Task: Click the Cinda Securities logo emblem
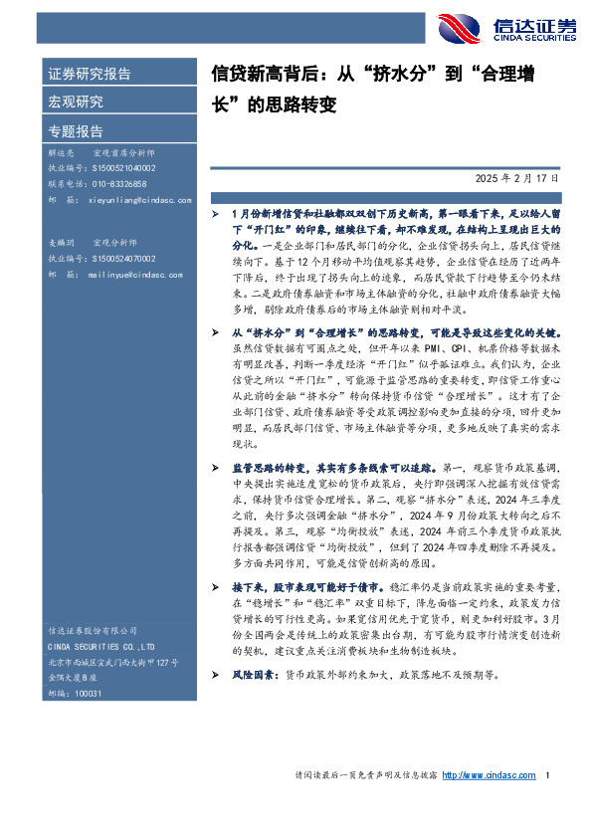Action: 461,27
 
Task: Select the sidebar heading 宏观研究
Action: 75,103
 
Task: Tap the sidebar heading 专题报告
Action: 75,131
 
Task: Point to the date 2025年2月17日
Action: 530,178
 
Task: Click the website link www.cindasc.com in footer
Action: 489,776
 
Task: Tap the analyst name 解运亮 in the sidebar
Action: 62,155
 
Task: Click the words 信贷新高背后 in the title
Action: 259,75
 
